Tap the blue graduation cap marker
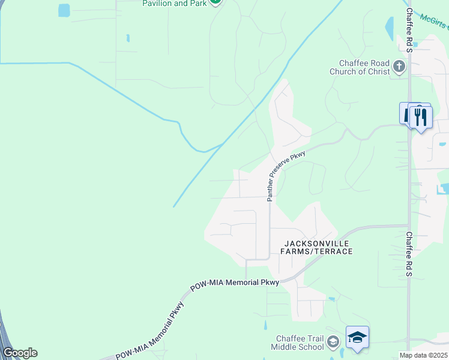tap(357, 337)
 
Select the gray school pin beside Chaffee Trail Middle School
tap(333, 343)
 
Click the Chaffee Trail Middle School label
tap(297, 343)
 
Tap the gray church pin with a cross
tap(399, 67)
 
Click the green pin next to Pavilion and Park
tap(215, 2)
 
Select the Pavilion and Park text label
tap(173, 3)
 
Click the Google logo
tap(20, 353)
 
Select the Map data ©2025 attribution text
tap(424, 355)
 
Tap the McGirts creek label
tap(434, 22)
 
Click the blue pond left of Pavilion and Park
tap(64, 10)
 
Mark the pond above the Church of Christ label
tap(390, 28)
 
